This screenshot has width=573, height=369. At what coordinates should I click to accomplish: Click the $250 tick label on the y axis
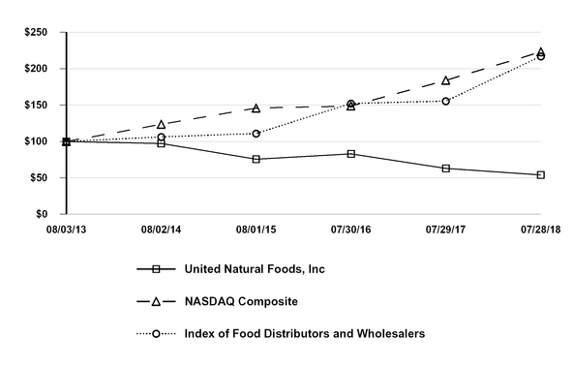[x=37, y=32]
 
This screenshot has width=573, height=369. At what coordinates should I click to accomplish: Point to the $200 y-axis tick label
[x=37, y=69]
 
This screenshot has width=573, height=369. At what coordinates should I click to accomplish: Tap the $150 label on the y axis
[x=37, y=105]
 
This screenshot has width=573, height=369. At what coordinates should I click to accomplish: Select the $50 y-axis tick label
[x=40, y=177]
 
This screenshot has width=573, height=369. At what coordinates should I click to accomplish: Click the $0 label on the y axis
[x=44, y=214]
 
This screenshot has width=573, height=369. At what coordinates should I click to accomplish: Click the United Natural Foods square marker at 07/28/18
[x=540, y=175]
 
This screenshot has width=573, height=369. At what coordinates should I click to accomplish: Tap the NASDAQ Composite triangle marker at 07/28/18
[x=540, y=51]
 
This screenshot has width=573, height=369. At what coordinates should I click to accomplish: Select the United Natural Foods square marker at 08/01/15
[x=256, y=159]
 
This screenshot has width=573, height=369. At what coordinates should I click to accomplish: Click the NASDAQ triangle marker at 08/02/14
[x=161, y=125]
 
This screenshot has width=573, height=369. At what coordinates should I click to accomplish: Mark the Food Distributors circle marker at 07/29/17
[x=445, y=101]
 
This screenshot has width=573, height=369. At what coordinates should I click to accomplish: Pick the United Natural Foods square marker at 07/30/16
[x=350, y=153]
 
